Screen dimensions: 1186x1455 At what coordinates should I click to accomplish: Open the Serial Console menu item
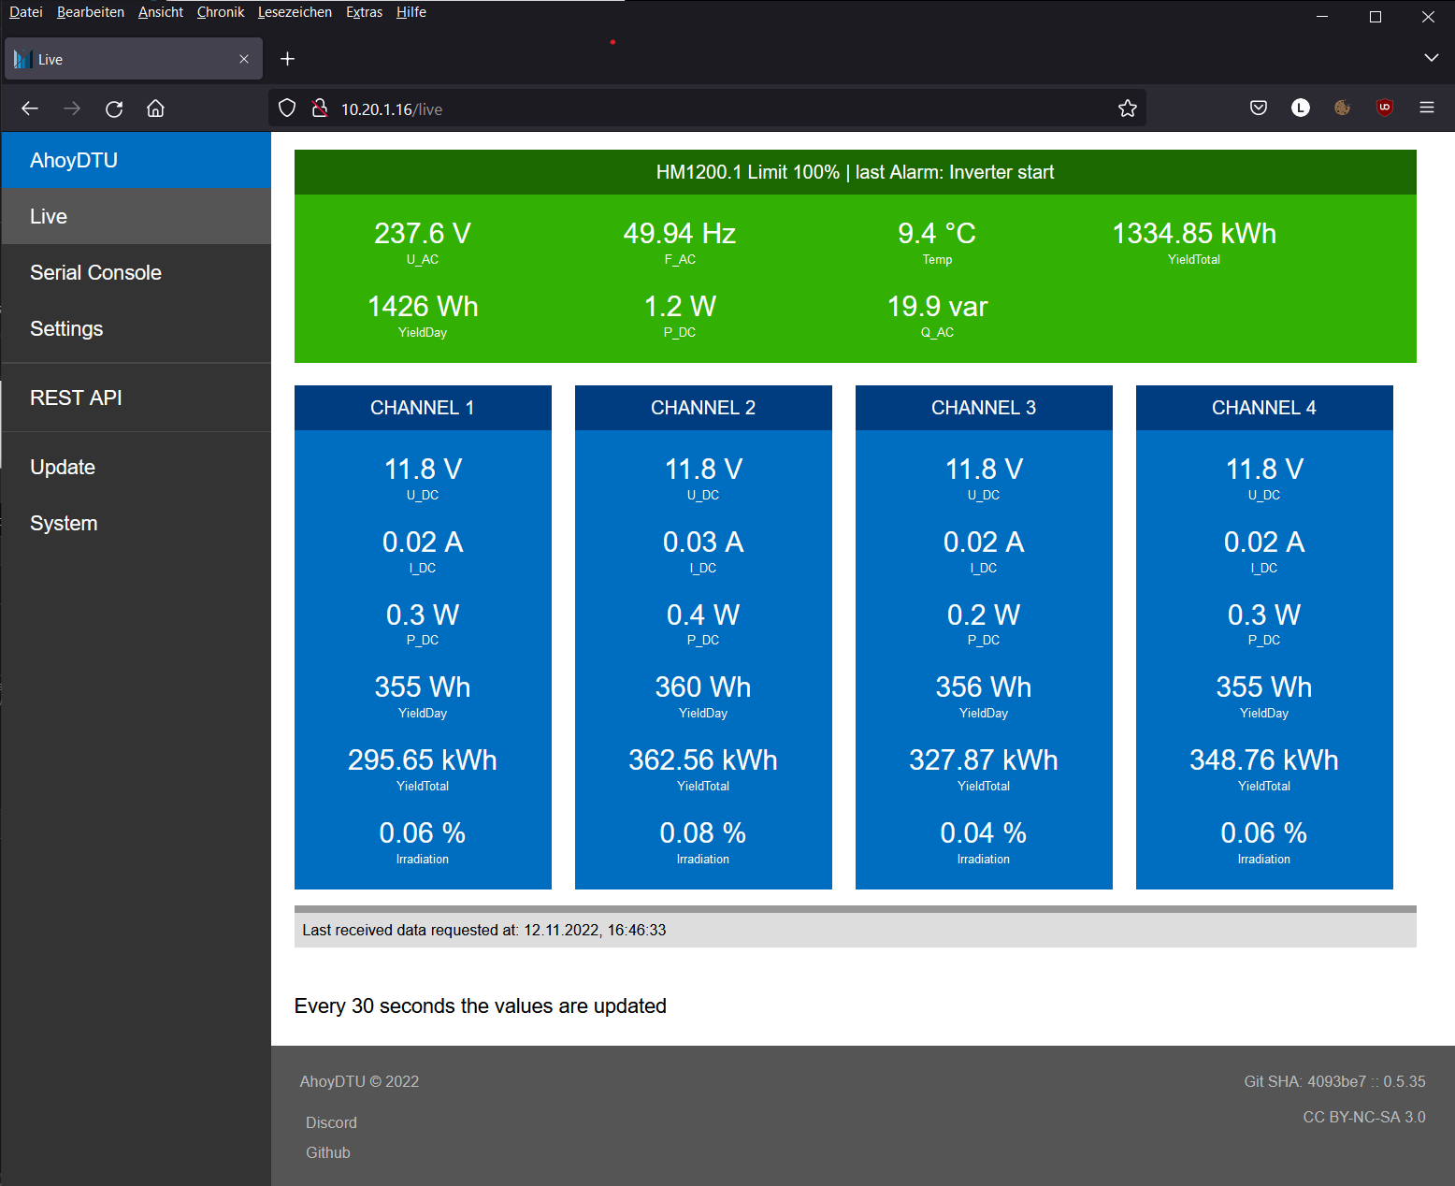(x=95, y=272)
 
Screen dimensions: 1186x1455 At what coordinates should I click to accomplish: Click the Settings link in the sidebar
(x=66, y=328)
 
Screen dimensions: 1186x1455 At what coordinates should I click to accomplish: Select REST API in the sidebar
(x=76, y=398)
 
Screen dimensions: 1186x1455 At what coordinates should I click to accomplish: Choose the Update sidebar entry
(x=63, y=467)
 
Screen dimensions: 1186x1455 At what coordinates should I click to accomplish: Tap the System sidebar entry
(x=64, y=523)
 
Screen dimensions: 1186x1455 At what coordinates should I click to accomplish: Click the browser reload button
(x=114, y=108)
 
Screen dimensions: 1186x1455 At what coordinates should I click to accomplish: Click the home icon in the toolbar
(x=155, y=108)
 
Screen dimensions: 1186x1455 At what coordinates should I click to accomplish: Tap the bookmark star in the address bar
(x=1127, y=108)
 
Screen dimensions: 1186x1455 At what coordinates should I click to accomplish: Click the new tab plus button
(x=288, y=59)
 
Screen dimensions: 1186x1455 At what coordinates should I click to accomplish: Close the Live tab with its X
(x=244, y=59)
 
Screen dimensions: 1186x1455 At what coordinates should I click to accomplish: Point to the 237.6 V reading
(x=422, y=233)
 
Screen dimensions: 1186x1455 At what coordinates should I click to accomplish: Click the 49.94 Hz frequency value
(x=680, y=233)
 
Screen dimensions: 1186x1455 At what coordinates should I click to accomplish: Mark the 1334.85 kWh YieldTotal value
(x=1194, y=233)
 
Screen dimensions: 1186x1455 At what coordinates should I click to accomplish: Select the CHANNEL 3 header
(x=984, y=408)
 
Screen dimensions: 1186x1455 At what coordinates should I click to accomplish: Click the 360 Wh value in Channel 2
(x=703, y=687)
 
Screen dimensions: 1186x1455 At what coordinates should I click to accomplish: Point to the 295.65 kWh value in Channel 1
(x=423, y=759)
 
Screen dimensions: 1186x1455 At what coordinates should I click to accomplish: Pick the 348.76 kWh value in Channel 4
(x=1264, y=759)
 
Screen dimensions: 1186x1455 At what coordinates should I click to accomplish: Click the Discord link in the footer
(x=331, y=1122)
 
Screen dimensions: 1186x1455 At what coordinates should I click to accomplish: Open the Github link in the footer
(x=328, y=1152)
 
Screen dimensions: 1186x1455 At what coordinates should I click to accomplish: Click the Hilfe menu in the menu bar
(x=411, y=12)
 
